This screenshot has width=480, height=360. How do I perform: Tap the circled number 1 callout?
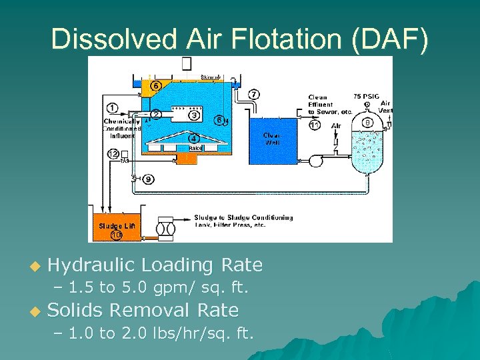[x=112, y=108]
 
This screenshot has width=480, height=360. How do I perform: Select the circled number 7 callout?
[x=255, y=94]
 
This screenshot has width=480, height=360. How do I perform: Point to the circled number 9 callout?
[x=148, y=179]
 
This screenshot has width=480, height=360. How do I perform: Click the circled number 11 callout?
[x=315, y=125]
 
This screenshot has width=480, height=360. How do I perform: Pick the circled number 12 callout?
[x=113, y=154]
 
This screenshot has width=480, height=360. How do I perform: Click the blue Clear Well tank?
[x=274, y=141]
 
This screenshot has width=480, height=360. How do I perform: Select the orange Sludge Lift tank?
[x=117, y=227]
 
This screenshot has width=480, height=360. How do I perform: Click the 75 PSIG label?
[x=366, y=95]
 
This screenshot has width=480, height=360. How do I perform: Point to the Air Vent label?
[x=386, y=107]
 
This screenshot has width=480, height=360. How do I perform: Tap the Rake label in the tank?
[x=195, y=148]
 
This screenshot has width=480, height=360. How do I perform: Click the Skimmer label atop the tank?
[x=211, y=78]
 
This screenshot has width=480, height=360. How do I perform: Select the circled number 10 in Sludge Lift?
[x=117, y=235]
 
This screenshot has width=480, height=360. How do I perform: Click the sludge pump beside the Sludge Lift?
[x=166, y=229]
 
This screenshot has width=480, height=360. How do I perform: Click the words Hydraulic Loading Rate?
[x=155, y=265]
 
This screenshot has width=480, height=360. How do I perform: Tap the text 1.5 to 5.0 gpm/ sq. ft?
[x=159, y=288]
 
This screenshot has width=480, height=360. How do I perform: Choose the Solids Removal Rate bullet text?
[x=143, y=310]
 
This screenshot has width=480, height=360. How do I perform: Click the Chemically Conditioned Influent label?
[x=121, y=129]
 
